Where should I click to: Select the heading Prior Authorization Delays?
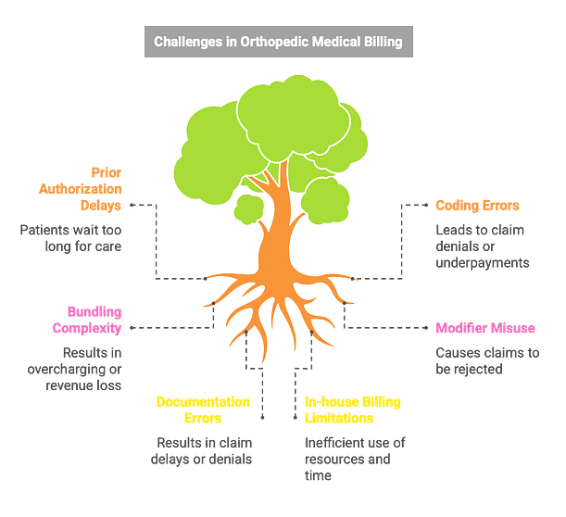94,189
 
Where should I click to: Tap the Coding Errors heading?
477,206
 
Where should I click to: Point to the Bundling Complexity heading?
94,320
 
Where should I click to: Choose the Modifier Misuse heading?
487,328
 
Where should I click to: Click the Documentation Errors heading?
203,410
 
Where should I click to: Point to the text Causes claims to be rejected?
488,360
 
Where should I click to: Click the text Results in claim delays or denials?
204,450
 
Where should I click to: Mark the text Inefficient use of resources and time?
356,459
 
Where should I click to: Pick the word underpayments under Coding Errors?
483,263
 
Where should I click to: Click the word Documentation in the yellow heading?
203,402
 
